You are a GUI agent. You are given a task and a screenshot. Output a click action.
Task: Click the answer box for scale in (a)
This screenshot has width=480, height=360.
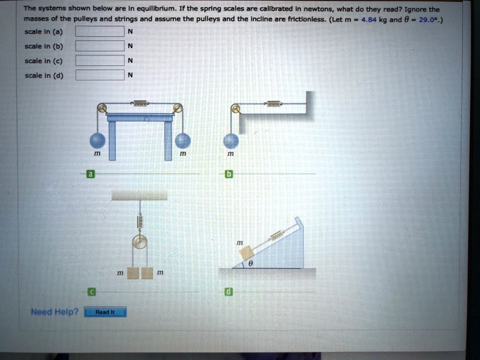[99, 32]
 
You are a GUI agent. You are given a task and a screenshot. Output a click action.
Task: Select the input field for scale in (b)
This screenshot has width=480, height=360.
[99, 47]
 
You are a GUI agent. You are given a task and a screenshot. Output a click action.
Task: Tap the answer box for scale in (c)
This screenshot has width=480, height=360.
[99, 61]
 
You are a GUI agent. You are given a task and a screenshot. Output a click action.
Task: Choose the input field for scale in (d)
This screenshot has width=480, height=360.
[99, 75]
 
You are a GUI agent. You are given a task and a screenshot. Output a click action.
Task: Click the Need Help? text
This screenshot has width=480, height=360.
[54, 312]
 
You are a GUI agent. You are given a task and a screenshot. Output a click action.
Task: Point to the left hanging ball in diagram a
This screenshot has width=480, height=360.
[99, 141]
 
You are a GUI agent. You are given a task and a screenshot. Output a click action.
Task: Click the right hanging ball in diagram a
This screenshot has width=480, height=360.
[182, 141]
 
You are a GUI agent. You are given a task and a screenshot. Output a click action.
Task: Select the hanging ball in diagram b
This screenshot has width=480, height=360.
[232, 141]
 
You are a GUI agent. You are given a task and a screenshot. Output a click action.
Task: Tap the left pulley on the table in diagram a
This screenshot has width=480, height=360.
[102, 108]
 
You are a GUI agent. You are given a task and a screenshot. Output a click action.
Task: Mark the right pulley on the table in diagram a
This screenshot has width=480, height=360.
[178, 108]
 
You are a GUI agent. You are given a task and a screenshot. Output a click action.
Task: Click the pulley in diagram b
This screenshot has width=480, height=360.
[236, 108]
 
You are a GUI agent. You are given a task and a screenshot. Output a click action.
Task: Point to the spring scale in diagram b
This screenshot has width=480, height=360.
[273, 104]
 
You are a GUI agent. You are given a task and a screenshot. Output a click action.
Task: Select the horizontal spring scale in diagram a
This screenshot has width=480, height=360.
[141, 104]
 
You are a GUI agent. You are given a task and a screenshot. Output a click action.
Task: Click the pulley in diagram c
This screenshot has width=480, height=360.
[141, 243]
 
